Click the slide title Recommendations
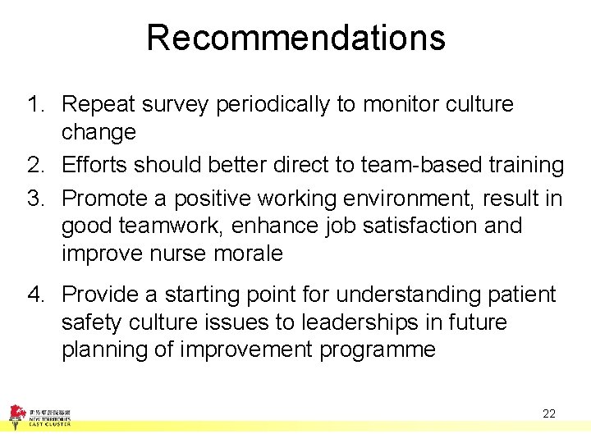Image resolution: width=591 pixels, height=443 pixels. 295,38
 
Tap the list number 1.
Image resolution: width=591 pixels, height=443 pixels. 34,105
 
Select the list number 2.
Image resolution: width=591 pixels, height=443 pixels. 34,166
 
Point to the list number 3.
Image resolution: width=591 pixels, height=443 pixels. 34,199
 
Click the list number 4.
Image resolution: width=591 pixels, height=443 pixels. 34,295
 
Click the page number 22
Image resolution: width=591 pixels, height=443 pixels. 549,413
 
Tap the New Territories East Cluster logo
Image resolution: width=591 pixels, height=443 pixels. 39,415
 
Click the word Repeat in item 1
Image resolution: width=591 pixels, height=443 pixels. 100,105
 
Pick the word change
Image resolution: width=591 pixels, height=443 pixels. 98,133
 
